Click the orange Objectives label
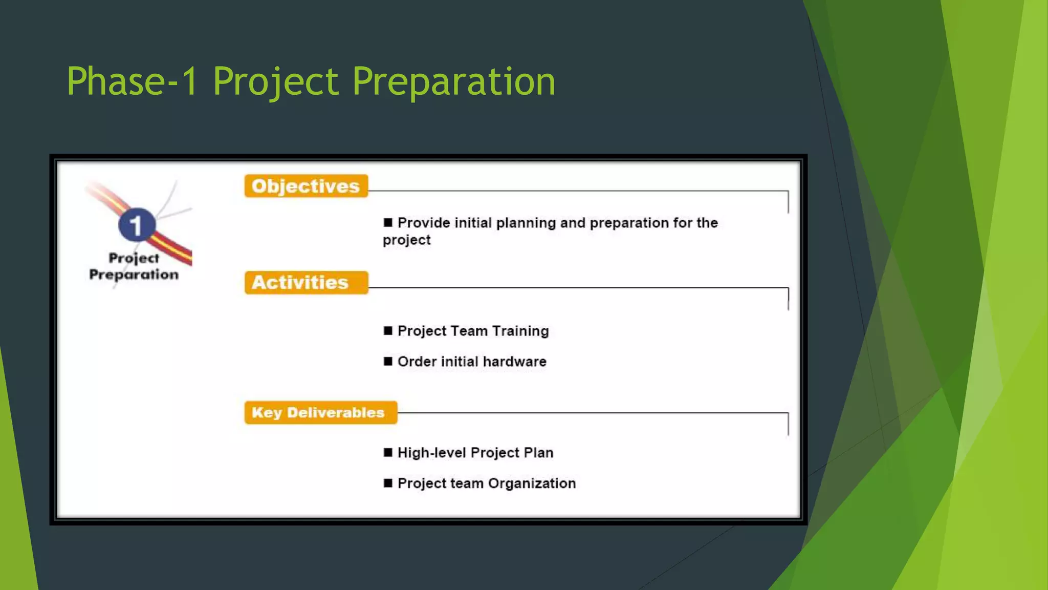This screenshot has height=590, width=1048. (x=306, y=186)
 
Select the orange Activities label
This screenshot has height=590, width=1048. (x=306, y=283)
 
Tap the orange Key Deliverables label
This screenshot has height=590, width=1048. (x=320, y=413)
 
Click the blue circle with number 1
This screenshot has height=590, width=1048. (x=136, y=225)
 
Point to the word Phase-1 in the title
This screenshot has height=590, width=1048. (x=132, y=81)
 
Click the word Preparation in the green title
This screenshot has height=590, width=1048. (x=453, y=81)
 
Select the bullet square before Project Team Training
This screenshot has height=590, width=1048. (x=388, y=331)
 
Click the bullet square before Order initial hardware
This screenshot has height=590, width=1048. (x=388, y=362)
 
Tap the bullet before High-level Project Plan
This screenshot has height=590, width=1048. (x=388, y=453)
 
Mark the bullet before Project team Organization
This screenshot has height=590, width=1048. (x=388, y=483)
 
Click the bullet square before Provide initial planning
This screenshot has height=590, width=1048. (x=388, y=222)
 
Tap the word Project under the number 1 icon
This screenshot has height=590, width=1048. (x=134, y=259)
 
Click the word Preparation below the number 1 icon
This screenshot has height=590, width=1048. (x=134, y=275)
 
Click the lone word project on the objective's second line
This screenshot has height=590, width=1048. (x=407, y=240)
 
